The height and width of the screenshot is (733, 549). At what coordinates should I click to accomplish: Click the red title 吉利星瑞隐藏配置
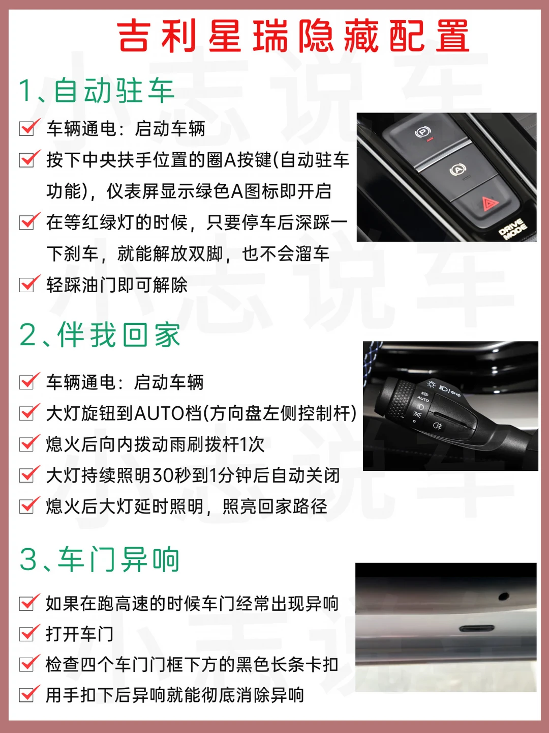(293, 36)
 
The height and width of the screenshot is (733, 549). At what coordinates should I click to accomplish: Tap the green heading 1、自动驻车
(97, 91)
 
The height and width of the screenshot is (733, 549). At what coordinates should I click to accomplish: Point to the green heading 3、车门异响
(100, 559)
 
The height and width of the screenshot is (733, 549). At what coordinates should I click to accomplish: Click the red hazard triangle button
(490, 204)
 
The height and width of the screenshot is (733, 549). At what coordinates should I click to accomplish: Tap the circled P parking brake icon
(422, 132)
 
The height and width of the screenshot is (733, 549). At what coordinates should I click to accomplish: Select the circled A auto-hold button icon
(457, 170)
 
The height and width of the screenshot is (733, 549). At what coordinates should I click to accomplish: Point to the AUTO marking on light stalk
(422, 399)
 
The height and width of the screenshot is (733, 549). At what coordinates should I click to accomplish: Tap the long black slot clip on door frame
(476, 629)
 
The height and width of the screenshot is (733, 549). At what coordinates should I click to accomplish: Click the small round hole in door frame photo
(503, 596)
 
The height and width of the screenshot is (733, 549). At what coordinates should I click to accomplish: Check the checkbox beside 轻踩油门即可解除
(27, 285)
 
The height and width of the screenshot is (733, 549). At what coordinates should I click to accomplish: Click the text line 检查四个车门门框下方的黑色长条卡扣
(192, 665)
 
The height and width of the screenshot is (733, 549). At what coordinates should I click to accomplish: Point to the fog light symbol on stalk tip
(437, 425)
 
